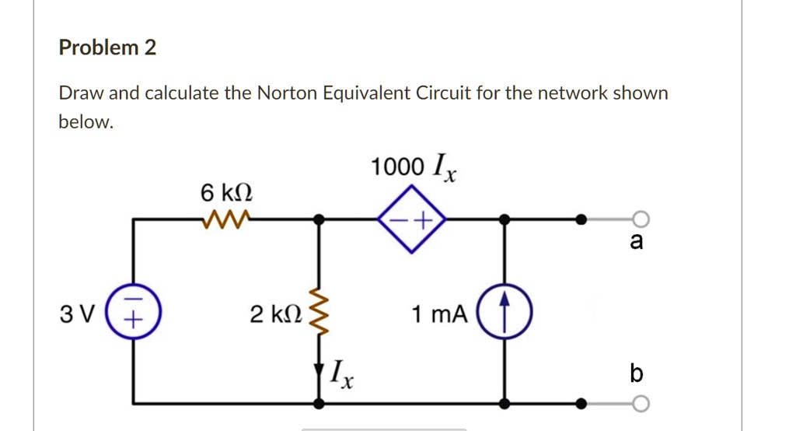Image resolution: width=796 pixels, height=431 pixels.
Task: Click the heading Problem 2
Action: coord(107,48)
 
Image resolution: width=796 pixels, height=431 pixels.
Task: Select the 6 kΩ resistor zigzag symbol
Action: coord(226,220)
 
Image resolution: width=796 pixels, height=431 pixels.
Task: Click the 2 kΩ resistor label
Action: coord(273,315)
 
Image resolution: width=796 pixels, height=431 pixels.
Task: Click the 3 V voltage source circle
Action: coord(133,315)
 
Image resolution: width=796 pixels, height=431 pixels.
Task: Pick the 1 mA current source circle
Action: coord(504,314)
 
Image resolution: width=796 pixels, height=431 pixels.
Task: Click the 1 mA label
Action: coord(441,315)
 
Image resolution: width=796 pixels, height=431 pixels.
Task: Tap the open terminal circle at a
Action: coord(640,219)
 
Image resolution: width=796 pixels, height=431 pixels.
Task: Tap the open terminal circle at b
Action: coord(640,403)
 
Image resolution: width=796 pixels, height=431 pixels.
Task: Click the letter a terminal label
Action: coord(637,243)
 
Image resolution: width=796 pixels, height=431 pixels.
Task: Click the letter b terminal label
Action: coord(637,374)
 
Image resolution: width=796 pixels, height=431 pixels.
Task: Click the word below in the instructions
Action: coord(86,122)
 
